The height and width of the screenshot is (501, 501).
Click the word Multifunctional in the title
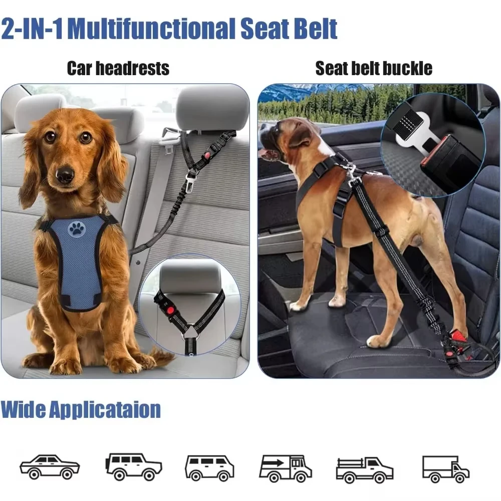[151, 29]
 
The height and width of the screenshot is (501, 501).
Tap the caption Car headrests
[118, 68]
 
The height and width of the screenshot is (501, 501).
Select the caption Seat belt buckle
[373, 68]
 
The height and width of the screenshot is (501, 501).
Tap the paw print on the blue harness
[77, 229]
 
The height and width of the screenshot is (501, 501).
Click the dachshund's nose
[65, 175]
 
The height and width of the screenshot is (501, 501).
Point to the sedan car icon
[50, 466]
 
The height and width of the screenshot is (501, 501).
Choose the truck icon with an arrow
[285, 468]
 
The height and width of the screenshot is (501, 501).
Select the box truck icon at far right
[445, 468]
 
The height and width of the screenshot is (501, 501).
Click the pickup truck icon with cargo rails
[364, 468]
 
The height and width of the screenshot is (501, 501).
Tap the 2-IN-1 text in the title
[32, 29]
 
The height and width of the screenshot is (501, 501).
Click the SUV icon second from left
[133, 467]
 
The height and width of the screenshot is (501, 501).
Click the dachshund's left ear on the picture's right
[111, 160]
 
